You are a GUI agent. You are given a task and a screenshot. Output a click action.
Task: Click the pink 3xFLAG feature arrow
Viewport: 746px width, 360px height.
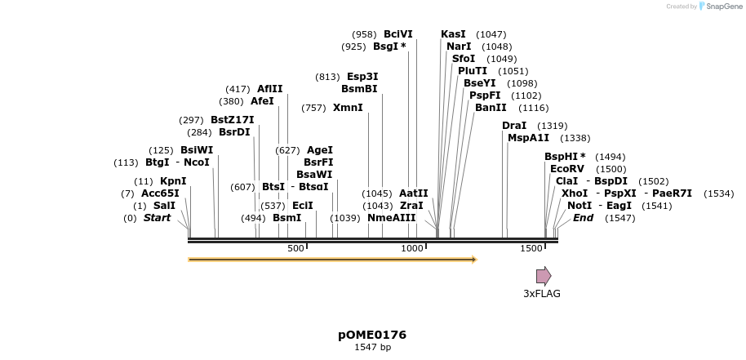pyautogui.click(x=543, y=275)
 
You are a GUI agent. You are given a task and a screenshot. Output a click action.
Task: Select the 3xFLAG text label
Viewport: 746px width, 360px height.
pyautogui.click(x=542, y=294)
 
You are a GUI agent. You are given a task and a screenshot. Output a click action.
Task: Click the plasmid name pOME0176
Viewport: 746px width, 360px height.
pyautogui.click(x=372, y=335)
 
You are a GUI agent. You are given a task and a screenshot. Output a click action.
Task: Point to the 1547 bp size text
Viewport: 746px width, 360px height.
pyautogui.click(x=372, y=348)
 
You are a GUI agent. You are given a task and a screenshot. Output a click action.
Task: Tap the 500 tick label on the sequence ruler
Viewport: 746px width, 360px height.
pyautogui.click(x=295, y=248)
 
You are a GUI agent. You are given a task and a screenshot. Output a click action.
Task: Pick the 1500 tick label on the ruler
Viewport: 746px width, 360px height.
pyautogui.click(x=531, y=248)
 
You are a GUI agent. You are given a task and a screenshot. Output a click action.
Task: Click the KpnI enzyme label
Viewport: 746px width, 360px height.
pyautogui.click(x=173, y=181)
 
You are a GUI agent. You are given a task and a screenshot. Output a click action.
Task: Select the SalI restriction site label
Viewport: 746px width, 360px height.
pyautogui.click(x=164, y=206)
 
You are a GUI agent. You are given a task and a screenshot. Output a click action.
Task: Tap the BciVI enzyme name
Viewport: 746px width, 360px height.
pyautogui.click(x=398, y=34)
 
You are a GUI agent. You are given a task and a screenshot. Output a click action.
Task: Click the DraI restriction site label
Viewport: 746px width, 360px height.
pyautogui.click(x=514, y=126)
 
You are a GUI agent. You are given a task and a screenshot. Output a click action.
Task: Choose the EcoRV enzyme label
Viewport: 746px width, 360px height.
pyautogui.click(x=567, y=169)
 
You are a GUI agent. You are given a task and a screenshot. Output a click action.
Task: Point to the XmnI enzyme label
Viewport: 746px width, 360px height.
pyautogui.click(x=348, y=108)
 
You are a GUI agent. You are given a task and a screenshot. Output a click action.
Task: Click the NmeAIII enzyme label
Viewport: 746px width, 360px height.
pyautogui.click(x=392, y=218)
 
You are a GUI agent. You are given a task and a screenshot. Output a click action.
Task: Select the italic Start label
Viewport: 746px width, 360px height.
pyautogui.click(x=158, y=218)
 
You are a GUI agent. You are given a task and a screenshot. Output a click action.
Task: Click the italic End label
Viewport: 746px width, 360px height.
pyautogui.click(x=583, y=218)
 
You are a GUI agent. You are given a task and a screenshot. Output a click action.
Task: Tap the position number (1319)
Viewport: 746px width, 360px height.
pyautogui.click(x=553, y=126)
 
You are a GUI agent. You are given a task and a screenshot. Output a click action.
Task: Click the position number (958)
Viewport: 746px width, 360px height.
pyautogui.click(x=364, y=34)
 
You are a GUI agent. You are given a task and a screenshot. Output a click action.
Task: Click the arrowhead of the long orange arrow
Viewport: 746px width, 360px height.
pyautogui.click(x=473, y=260)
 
